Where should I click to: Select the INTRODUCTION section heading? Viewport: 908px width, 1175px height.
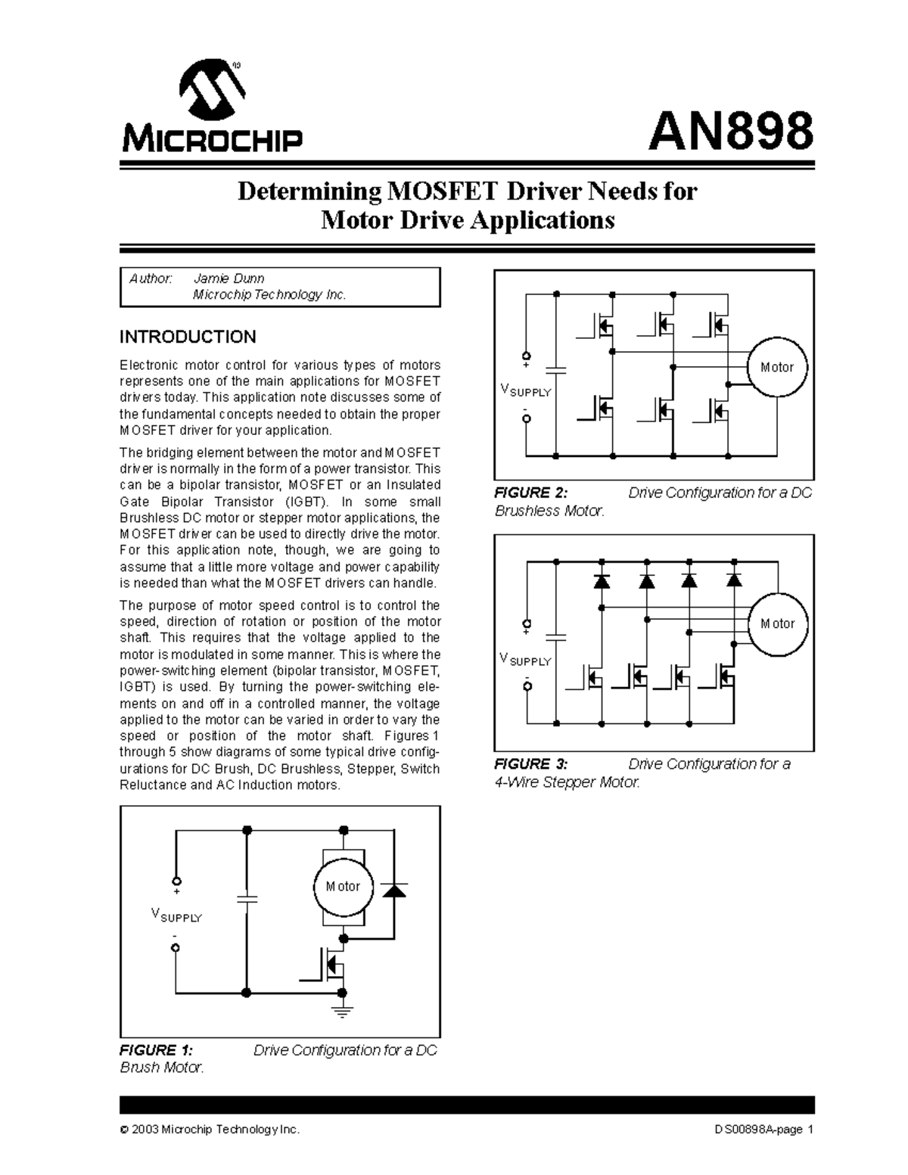click(188, 337)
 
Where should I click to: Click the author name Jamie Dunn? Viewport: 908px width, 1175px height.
click(229, 278)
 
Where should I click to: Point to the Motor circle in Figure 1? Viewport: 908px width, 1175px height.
click(344, 887)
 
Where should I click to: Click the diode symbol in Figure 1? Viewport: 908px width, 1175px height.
click(393, 889)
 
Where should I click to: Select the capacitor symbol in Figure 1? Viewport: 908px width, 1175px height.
click(247, 899)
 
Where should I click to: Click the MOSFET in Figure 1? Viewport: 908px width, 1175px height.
click(331, 966)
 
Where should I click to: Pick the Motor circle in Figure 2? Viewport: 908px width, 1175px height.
click(777, 368)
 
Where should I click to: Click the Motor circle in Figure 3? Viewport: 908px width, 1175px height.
click(777, 624)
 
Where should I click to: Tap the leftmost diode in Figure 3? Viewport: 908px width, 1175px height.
click(602, 581)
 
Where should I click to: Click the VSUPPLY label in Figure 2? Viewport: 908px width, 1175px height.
click(526, 390)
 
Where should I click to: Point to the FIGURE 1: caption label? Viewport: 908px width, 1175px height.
click(157, 1050)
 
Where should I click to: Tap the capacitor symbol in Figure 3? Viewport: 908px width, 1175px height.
click(556, 637)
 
